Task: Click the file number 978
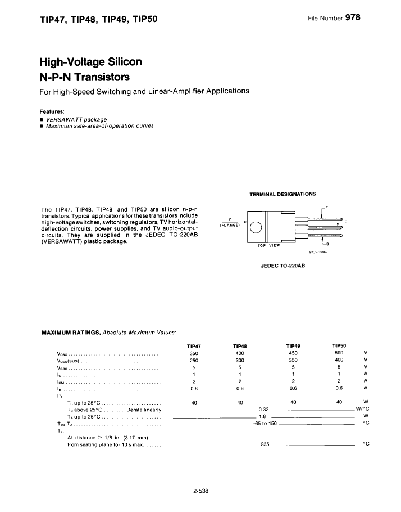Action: coord(352,17)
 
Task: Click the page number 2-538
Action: coord(200,491)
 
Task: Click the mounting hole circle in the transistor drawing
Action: coord(256,227)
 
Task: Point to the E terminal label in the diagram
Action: coord(327,209)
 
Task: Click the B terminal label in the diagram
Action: coord(327,244)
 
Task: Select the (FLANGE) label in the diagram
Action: coord(230,225)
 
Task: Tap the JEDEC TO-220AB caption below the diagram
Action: coord(282,265)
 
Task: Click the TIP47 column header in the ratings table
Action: coord(194,345)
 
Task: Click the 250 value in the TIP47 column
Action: coord(194,360)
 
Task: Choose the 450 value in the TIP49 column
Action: coord(292,353)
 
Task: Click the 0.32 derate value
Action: coord(264,410)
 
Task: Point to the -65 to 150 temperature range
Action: coord(265,423)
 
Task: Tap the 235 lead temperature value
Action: coord(265,444)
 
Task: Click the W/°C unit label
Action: coord(362,409)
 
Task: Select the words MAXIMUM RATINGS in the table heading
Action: coord(68,332)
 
